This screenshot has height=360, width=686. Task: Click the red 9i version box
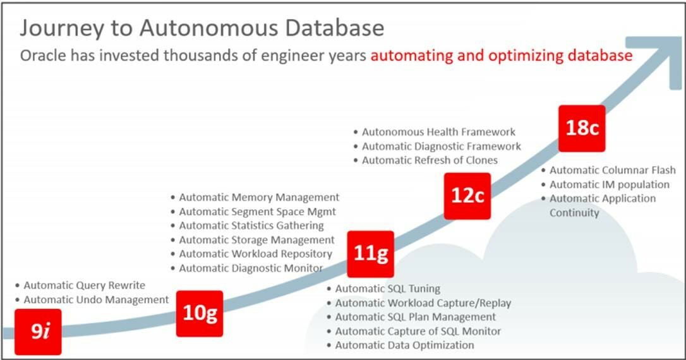[38, 332]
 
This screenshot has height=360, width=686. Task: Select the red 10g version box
[200, 314]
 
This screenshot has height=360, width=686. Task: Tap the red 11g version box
[371, 254]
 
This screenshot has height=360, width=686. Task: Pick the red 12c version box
[467, 196]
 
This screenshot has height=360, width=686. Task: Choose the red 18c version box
[582, 128]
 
